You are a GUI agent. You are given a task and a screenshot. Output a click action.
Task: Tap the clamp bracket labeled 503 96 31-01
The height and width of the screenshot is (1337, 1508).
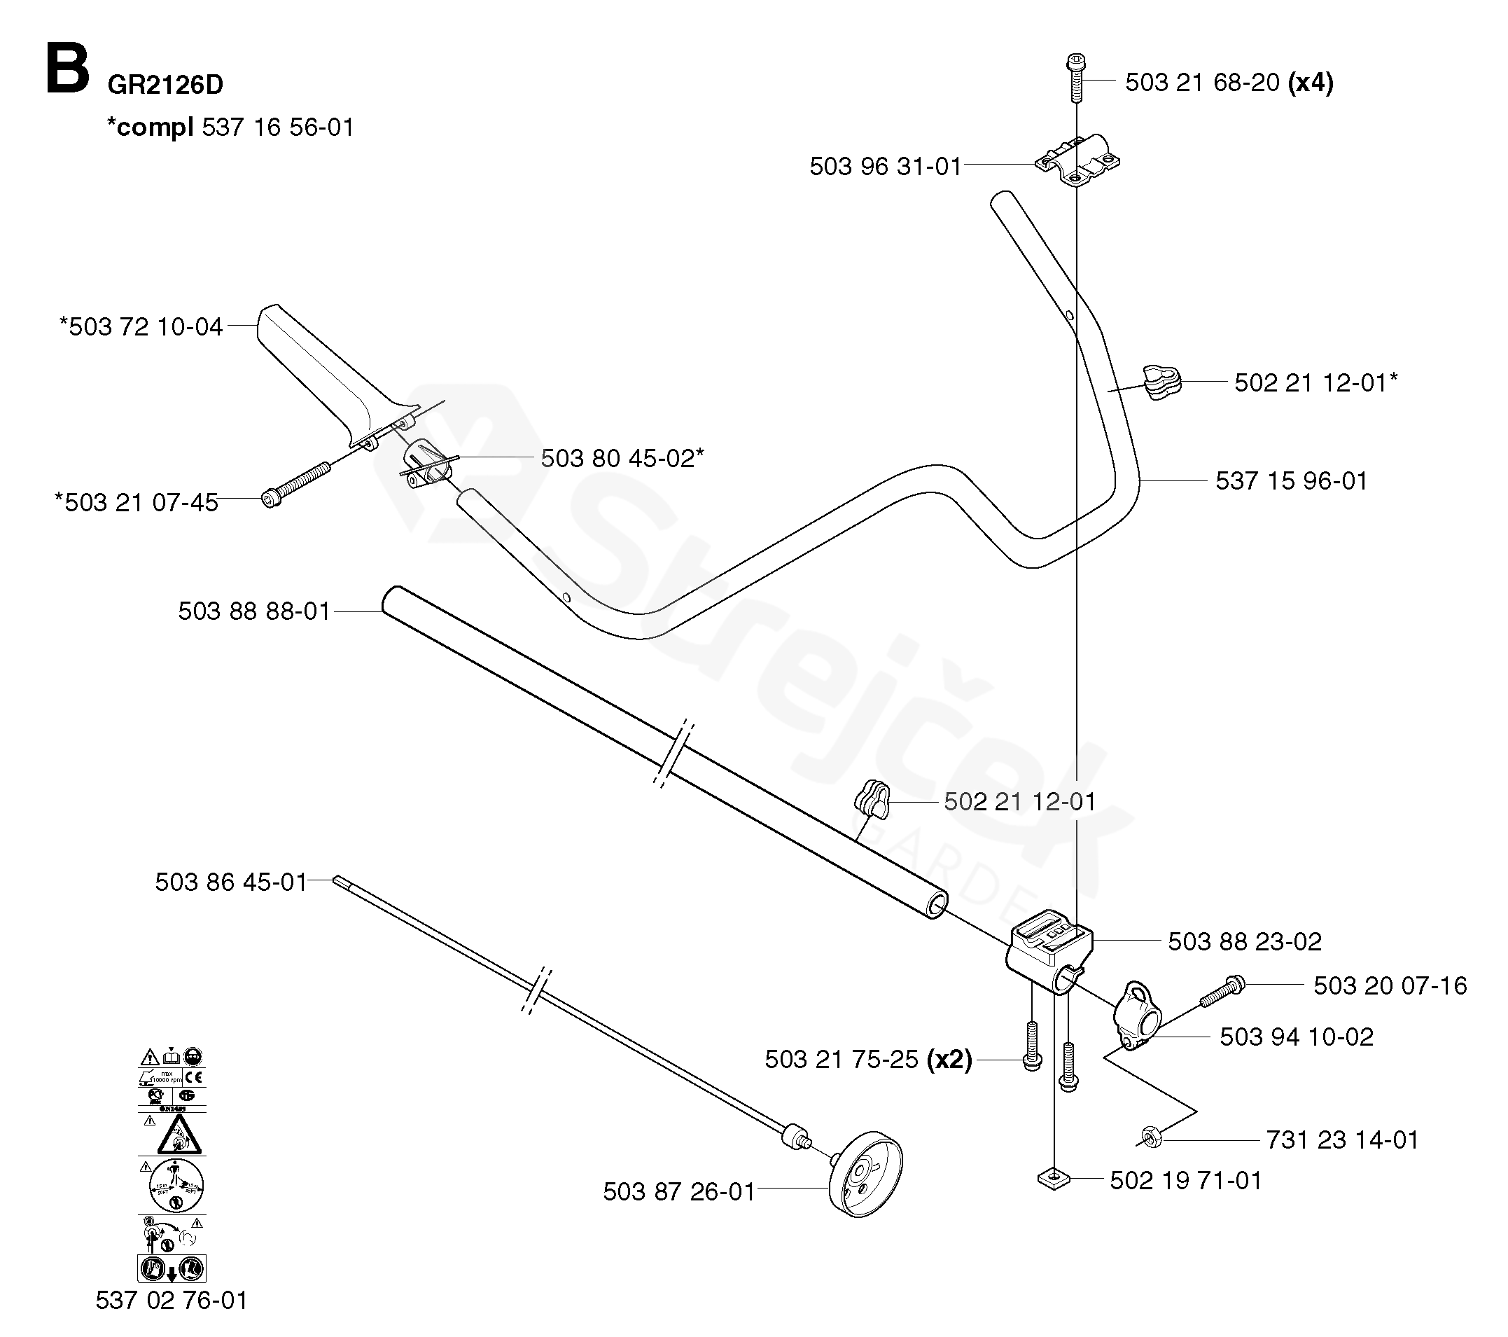(1078, 160)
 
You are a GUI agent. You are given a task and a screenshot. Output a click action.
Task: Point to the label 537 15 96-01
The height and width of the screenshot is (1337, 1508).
(1291, 481)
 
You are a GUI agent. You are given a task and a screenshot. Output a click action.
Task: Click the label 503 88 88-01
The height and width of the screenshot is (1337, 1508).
(254, 611)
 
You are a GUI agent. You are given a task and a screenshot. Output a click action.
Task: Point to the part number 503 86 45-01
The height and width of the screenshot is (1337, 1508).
(230, 882)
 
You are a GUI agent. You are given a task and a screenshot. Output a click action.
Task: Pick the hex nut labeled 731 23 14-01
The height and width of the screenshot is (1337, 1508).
(1151, 1137)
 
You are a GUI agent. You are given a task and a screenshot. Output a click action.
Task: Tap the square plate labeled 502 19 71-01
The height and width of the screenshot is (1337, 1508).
(1054, 1179)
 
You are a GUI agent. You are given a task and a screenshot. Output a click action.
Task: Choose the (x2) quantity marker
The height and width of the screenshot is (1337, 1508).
(949, 1060)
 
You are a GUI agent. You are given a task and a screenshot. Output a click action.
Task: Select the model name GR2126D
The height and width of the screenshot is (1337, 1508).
(165, 85)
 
